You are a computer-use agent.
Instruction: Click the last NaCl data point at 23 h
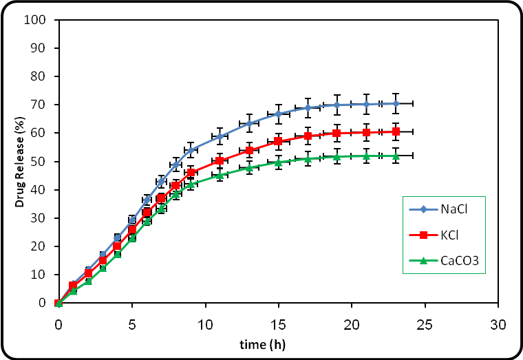click(x=396, y=103)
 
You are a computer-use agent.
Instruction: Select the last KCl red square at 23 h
click(x=396, y=131)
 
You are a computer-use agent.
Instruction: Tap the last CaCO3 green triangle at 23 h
click(x=396, y=156)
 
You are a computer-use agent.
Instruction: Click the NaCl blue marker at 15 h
click(x=278, y=114)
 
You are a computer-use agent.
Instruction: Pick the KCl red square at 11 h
click(x=220, y=161)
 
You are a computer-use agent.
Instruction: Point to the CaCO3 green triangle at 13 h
click(x=249, y=167)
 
